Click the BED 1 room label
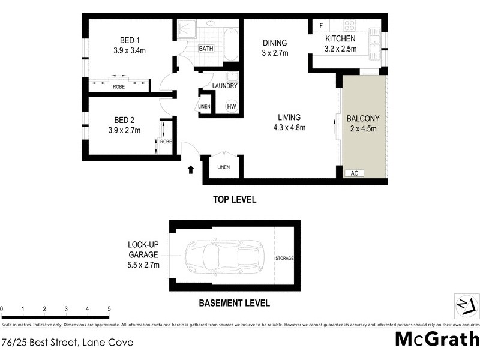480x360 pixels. tap(125, 40)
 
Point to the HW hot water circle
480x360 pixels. tap(231, 106)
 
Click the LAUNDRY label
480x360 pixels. tap(225, 86)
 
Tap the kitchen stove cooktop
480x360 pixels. tap(349, 26)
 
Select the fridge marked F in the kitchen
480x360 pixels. tap(321, 26)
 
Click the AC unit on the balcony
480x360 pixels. tap(354, 173)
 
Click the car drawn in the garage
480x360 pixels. tap(222, 257)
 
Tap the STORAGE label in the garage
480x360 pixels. tap(284, 258)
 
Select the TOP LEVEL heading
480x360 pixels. tap(235, 200)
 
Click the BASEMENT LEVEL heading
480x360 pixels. tap(234, 303)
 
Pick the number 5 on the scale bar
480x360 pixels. tap(109, 309)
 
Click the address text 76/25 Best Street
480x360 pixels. tap(67, 343)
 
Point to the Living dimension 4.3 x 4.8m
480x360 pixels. tap(289, 127)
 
